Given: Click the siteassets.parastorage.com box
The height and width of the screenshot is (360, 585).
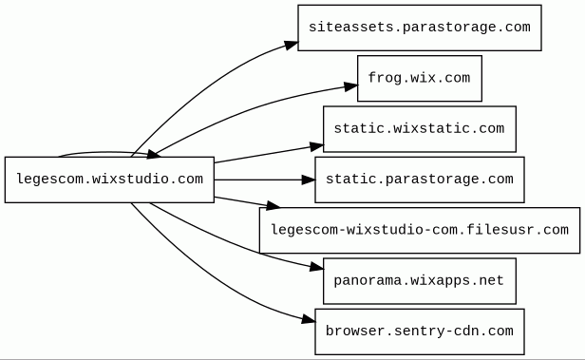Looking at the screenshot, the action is point(420,28).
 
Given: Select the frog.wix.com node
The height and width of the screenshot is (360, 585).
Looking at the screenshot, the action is point(420,78).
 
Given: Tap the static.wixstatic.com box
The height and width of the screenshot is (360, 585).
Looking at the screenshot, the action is point(420,129).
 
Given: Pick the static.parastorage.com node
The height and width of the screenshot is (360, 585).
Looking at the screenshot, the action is point(420,180).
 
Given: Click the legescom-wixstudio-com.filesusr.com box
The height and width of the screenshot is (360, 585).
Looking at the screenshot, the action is point(420,230).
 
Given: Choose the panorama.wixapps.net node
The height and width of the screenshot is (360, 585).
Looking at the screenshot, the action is point(420,281).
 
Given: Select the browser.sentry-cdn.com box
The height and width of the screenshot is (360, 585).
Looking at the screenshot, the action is point(420,332).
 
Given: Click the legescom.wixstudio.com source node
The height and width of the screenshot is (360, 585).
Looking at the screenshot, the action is point(109,180).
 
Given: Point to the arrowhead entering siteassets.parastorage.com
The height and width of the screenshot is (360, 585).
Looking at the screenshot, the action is point(291,46).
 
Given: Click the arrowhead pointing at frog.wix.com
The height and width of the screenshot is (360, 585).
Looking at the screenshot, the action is point(350,86).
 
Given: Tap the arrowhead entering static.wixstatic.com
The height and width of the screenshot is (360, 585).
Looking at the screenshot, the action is point(317,146).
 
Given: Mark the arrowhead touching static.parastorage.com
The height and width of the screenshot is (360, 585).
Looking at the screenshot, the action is point(308,180).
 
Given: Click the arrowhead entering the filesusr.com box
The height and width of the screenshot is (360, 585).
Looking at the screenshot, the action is point(273,205).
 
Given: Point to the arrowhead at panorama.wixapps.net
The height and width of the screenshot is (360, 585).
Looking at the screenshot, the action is point(317,266).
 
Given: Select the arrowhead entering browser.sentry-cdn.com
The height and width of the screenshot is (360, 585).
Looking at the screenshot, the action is point(308,319).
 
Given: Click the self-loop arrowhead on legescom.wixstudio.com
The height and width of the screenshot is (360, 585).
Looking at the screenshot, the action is point(153,154).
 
